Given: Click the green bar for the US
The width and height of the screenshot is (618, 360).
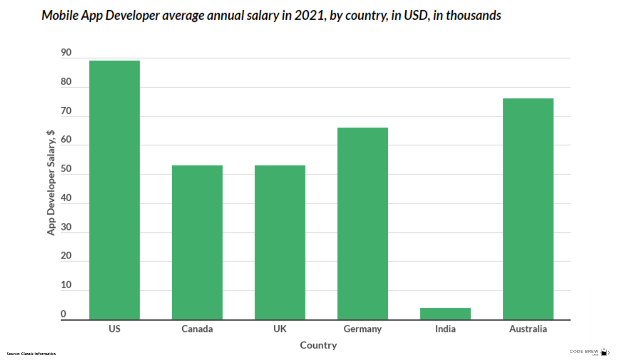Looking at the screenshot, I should [114, 190].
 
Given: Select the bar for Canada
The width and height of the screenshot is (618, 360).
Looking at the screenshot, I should [197, 242].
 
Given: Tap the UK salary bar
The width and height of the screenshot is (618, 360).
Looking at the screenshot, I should [280, 242].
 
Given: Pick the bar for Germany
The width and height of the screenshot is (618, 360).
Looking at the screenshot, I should [362, 223].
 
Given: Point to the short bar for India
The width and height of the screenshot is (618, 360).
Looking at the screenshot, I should [445, 313].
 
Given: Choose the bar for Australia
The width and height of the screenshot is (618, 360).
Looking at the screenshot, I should [528, 209].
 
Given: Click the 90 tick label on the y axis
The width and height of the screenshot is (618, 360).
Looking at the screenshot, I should [66, 53].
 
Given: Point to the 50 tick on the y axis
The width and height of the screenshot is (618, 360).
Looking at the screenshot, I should [66, 169].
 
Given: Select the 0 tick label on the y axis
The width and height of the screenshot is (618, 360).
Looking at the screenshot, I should [64, 314].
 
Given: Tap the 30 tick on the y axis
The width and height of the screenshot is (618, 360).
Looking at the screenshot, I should [66, 227].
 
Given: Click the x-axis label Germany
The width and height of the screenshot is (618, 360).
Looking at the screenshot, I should [362, 329].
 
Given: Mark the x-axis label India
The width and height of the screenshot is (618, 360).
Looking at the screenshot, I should [445, 329].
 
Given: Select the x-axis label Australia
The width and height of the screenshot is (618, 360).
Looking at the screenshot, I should [528, 329].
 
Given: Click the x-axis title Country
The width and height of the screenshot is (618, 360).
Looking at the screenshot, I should [318, 345].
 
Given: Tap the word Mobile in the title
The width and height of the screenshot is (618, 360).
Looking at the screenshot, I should [58, 15].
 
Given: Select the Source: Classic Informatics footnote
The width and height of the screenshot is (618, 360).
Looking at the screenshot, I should [31, 353].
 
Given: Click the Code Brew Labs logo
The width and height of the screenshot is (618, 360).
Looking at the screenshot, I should [589, 351].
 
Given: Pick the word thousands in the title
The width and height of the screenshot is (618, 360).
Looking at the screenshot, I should [473, 15].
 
